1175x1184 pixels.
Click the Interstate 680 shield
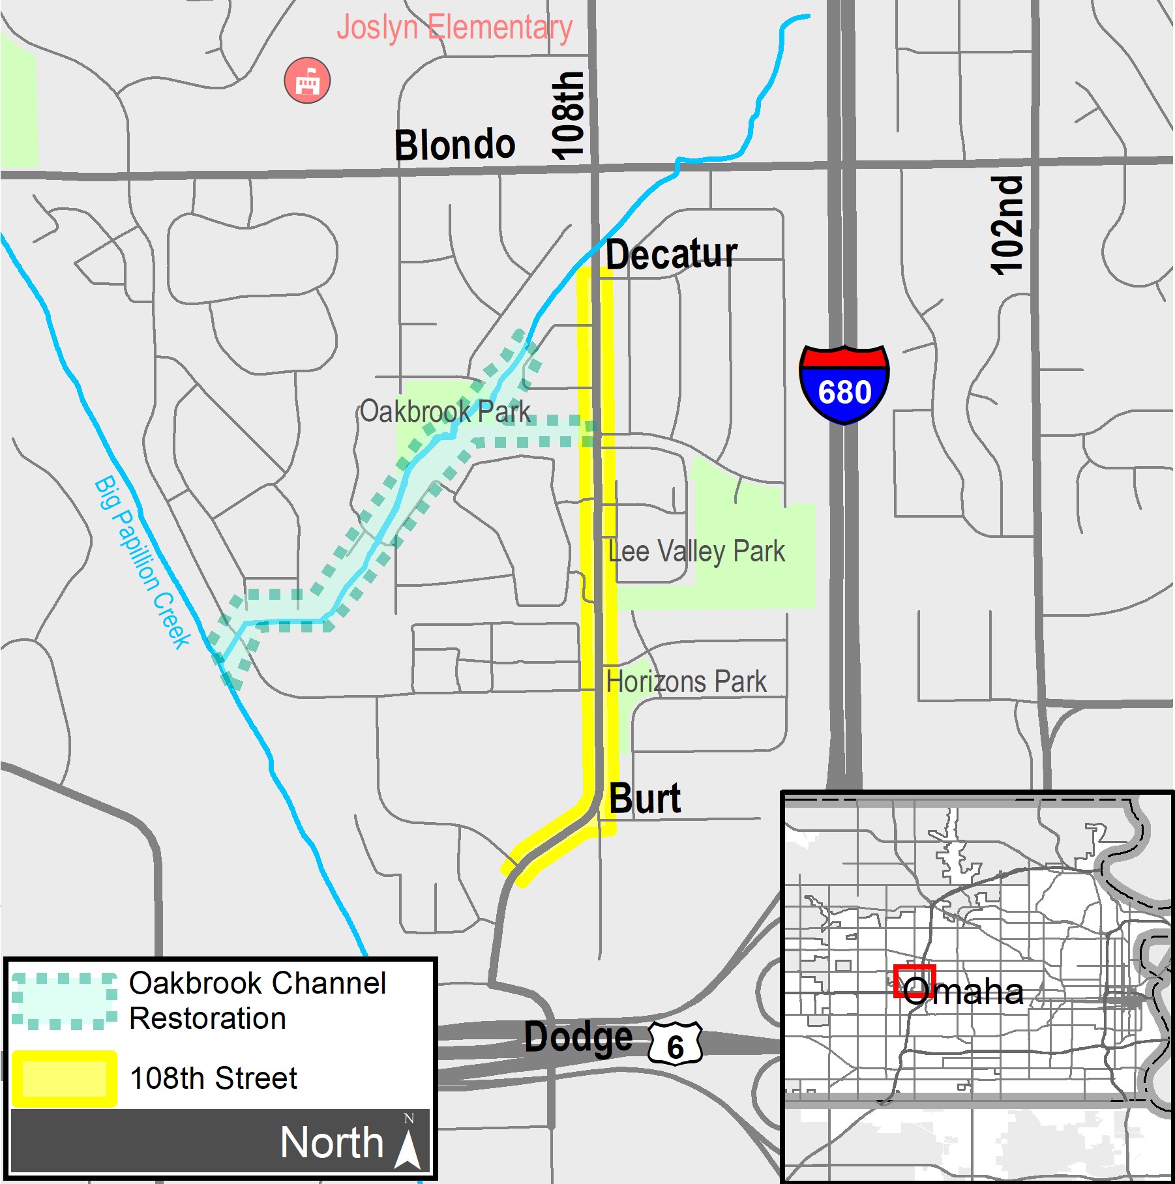(844, 385)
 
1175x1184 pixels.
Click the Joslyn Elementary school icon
(307, 81)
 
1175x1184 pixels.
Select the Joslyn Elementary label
(454, 28)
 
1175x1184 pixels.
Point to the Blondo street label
(454, 145)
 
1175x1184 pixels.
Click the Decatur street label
(671, 254)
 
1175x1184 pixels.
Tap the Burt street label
(645, 798)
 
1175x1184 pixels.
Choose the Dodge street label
(578, 1037)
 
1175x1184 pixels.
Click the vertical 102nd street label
(1007, 226)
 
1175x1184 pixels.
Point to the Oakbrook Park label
(445, 411)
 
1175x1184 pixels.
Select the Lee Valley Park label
(696, 552)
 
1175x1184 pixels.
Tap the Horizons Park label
(686, 682)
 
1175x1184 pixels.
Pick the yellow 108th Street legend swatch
(64, 1079)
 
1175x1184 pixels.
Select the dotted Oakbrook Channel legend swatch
(64, 1001)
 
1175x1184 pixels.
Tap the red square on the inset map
(914, 982)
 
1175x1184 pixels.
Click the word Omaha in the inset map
(963, 992)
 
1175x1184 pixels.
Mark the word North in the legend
(332, 1143)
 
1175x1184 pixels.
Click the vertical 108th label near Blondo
(567, 115)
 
